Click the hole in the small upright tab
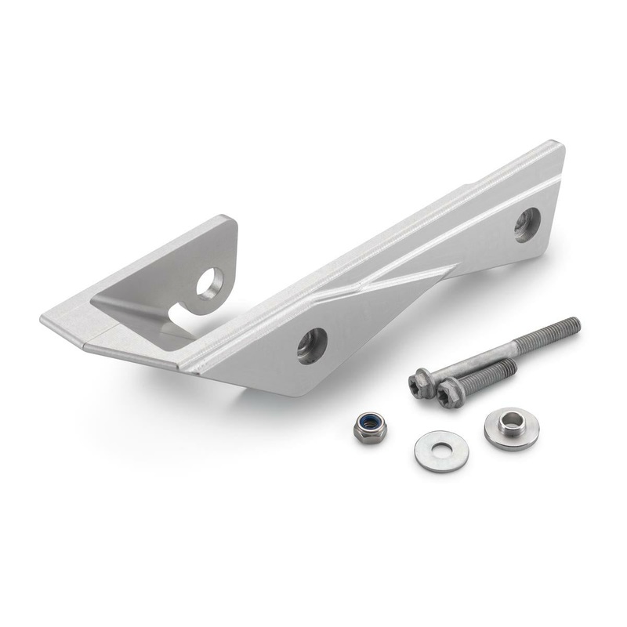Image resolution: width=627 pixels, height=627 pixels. tap(209, 283)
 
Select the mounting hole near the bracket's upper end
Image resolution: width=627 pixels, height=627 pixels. tap(527, 224)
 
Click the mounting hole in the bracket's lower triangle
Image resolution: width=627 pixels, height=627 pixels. tap(311, 345)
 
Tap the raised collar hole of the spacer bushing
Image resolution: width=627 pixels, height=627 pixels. tap(511, 423)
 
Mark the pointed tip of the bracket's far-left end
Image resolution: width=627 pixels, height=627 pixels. tap(42, 320)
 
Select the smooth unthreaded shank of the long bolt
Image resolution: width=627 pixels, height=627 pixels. tap(486, 353)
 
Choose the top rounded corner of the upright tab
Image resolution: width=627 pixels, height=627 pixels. tap(229, 221)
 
